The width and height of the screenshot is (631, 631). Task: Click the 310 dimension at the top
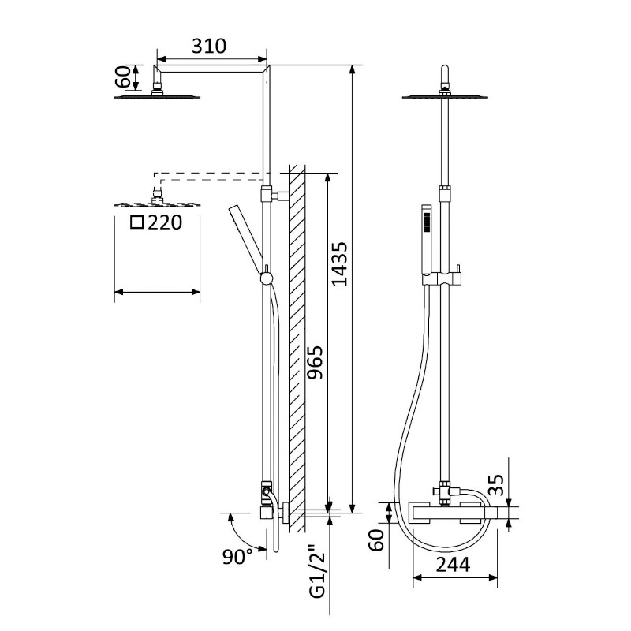pos(209,47)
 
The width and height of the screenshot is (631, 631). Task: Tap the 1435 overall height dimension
pos(339,264)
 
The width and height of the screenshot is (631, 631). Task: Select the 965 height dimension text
pos(315,362)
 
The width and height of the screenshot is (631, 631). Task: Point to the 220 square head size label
pos(165,222)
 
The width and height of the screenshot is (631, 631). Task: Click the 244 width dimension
pos(453,565)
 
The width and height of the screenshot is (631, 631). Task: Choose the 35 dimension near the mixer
pos(497,485)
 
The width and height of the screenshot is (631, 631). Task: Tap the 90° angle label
pos(237,557)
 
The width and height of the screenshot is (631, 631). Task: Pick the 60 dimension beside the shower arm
pos(123,77)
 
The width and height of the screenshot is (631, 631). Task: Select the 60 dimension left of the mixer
pos(377,540)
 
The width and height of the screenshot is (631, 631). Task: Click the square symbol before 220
pos(137,222)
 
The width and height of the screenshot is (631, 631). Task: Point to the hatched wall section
pos(297,349)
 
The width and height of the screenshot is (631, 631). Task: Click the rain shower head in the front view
pos(446,96)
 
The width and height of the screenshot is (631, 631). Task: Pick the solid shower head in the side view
pos(157,95)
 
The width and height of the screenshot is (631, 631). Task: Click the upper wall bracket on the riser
pos(280,196)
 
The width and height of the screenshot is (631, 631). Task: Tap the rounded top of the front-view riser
pos(445,70)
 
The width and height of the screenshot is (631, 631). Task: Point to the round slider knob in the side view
pos(267,278)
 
